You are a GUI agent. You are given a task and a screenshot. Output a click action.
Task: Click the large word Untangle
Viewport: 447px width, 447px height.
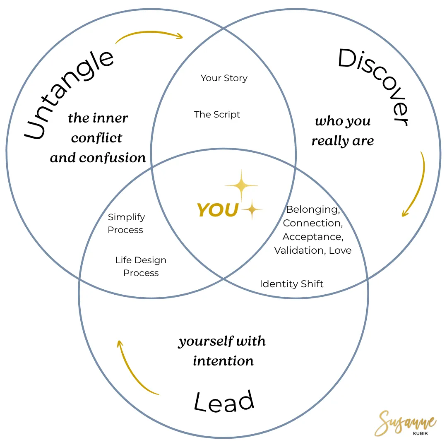69,96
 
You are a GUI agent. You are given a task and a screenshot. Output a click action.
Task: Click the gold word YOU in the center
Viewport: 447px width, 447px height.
218,210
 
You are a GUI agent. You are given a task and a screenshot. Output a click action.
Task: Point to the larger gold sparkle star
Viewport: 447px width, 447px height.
242,187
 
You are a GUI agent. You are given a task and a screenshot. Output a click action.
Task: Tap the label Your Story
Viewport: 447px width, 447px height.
224,78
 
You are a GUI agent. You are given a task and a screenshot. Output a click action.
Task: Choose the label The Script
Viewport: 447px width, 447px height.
217,115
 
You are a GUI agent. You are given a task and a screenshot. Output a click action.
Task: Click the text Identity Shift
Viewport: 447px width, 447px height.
291,284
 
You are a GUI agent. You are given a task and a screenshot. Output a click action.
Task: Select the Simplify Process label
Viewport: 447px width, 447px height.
126,223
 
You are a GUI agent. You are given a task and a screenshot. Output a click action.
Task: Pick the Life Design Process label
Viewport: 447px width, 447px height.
141,267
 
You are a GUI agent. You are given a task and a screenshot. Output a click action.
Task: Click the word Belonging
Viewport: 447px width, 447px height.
312,209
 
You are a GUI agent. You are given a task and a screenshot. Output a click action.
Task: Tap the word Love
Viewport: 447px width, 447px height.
340,250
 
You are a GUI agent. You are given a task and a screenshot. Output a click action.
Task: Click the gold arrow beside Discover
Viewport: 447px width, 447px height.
416,184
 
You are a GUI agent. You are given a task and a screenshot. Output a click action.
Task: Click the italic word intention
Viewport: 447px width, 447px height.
223,361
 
